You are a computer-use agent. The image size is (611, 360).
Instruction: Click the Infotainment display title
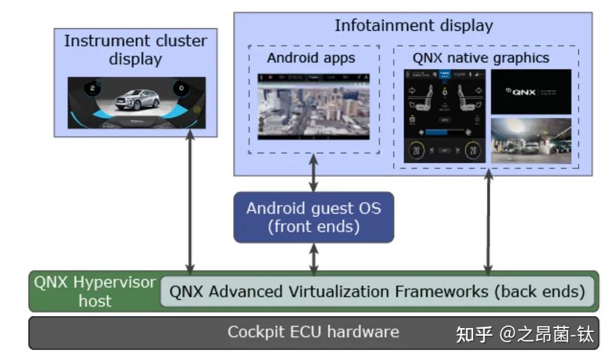pos(414,26)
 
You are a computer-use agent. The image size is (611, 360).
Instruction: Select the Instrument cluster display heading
pos(135,50)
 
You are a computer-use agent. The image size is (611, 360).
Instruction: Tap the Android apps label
pos(311,58)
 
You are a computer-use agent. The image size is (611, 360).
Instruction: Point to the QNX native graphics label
pos(481,58)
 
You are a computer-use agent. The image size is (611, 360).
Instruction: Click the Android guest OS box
pos(313,217)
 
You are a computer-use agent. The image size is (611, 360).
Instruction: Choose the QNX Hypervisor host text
pos(95,291)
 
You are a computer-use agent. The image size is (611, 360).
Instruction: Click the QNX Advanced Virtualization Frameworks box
pos(377,292)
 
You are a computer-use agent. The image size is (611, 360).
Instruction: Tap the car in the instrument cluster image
pos(137,100)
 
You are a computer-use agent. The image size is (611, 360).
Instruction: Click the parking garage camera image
pos(531,140)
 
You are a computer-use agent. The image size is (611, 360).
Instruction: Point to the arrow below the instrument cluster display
pos(190,204)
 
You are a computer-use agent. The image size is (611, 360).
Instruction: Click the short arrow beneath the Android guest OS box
pos(313,259)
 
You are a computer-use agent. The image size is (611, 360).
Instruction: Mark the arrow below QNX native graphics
pos(488,223)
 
